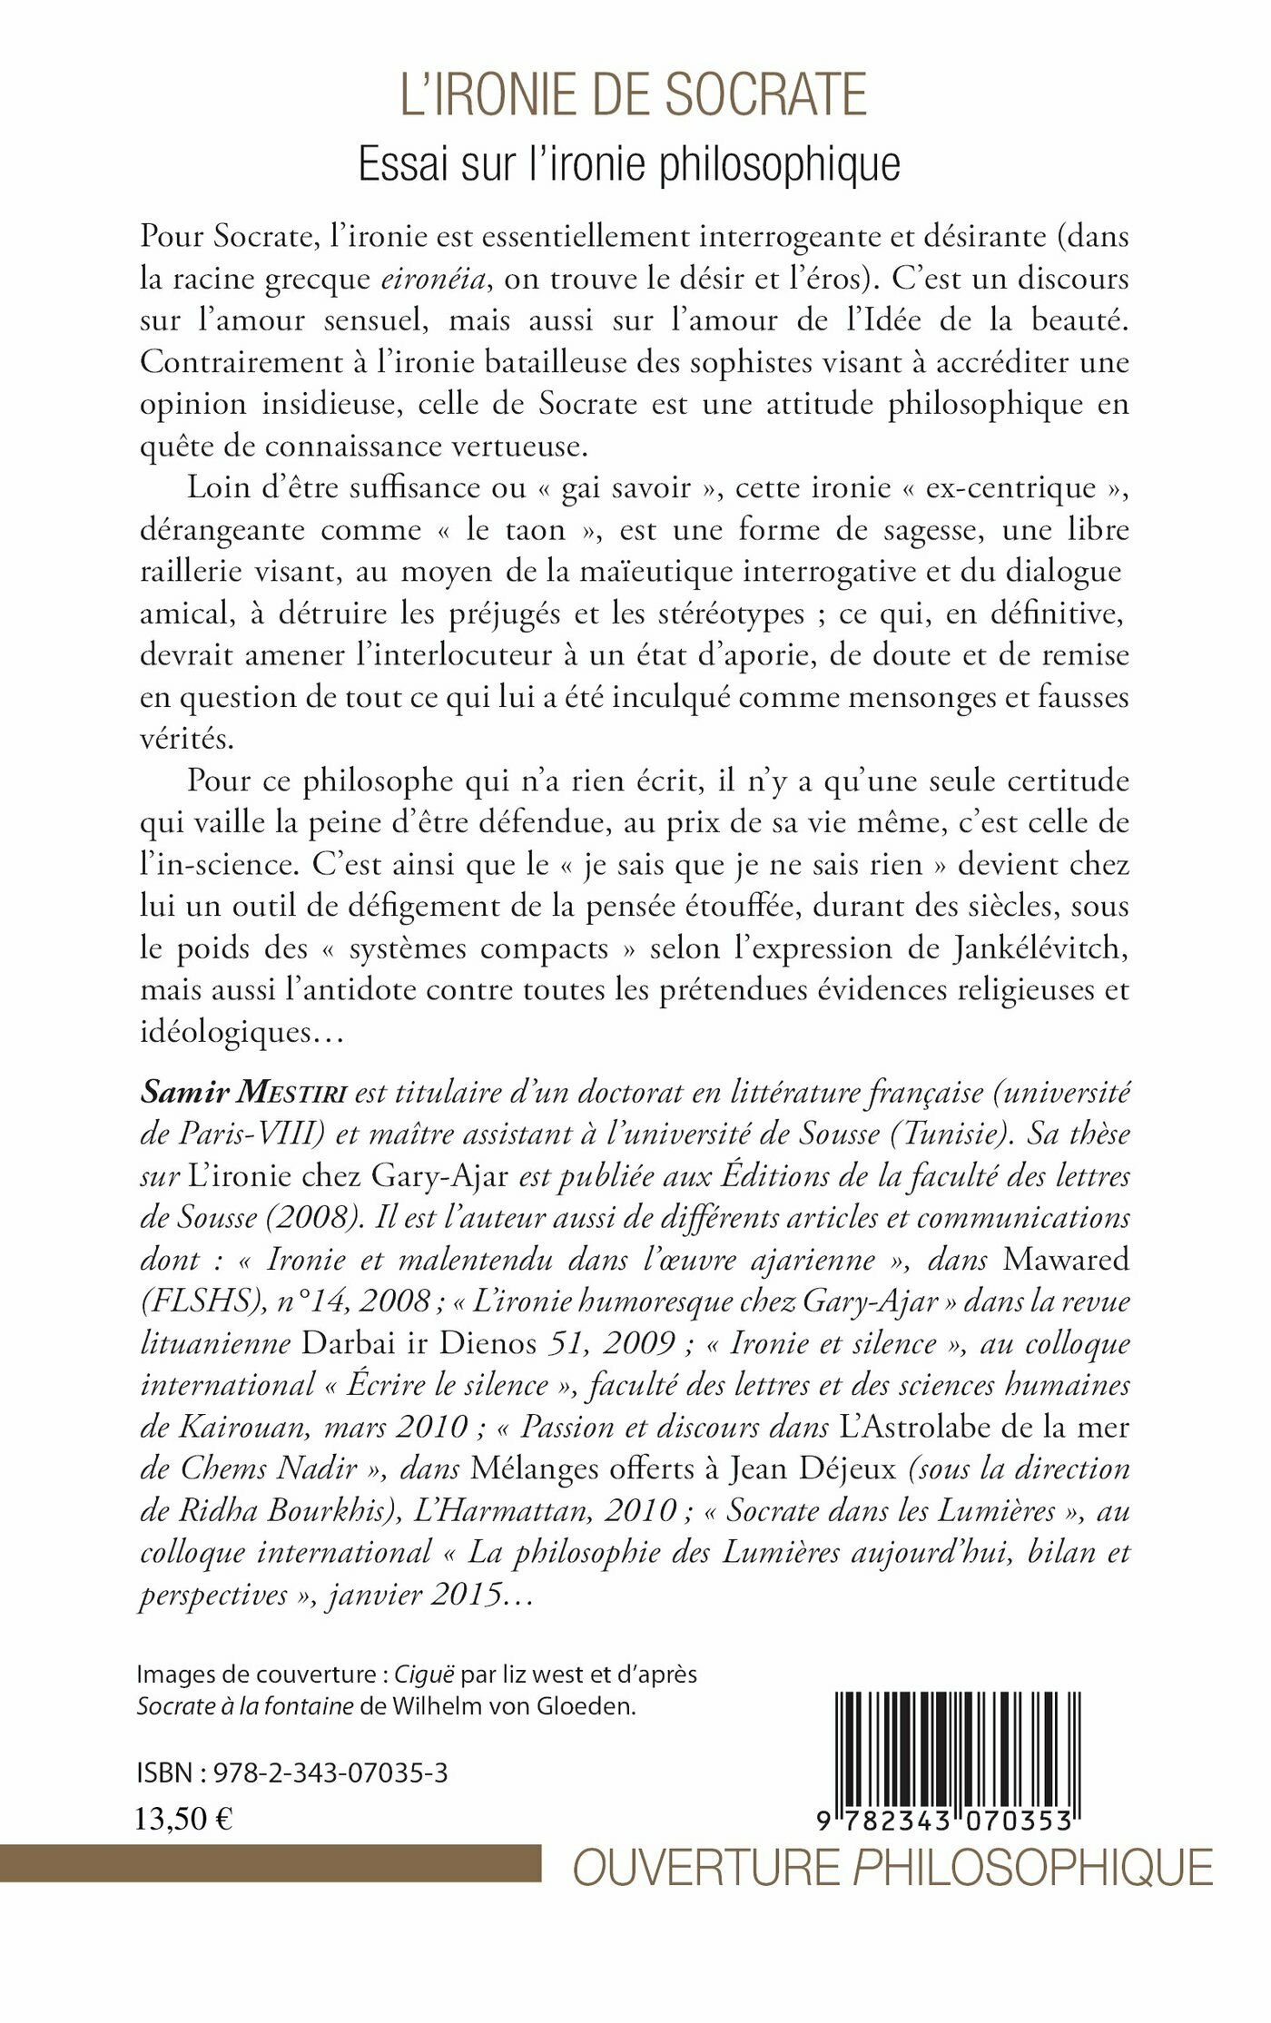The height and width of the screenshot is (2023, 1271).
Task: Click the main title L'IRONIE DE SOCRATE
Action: pyautogui.click(x=634, y=95)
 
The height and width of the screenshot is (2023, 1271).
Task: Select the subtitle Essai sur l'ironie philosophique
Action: pyautogui.click(x=629, y=164)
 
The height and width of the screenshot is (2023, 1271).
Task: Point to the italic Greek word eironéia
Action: pyautogui.click(x=433, y=278)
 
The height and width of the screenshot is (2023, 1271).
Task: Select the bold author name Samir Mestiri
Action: pyautogui.click(x=243, y=1093)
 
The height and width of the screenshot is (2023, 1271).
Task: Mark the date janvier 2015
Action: pyautogui.click(x=416, y=1595)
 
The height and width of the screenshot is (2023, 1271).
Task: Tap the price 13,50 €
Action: pyautogui.click(x=184, y=1819)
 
